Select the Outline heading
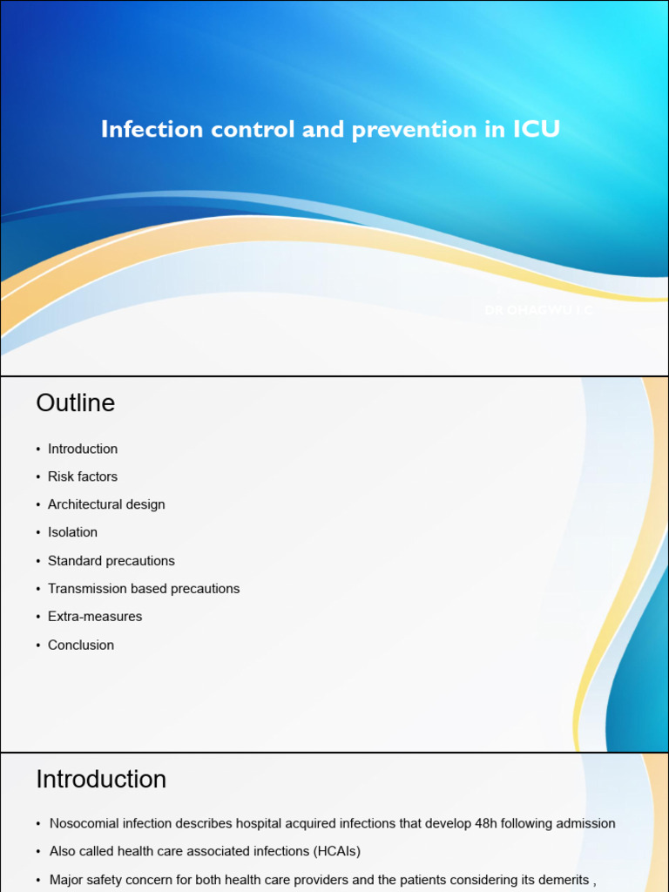(x=75, y=403)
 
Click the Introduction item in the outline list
(x=83, y=449)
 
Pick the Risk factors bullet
(x=83, y=476)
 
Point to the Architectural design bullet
(x=106, y=504)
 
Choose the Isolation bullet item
(x=72, y=532)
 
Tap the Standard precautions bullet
(x=111, y=561)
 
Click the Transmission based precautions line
(x=144, y=589)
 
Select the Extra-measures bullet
(x=95, y=617)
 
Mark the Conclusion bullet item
(x=81, y=645)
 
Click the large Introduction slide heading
(x=101, y=779)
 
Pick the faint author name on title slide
(x=538, y=309)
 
